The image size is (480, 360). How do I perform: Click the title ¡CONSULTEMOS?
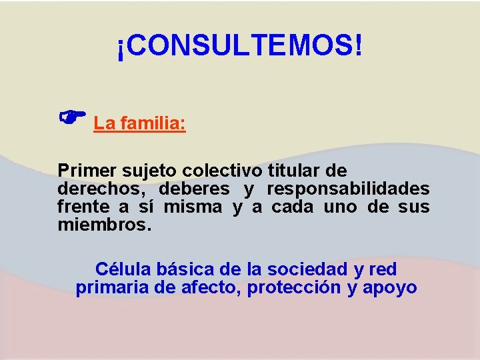[x=240, y=46]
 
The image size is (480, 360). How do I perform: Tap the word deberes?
[x=194, y=189]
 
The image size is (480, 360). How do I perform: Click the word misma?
[x=193, y=207]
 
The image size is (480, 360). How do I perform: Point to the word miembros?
[x=105, y=225]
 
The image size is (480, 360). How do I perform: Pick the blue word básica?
[x=183, y=269]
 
